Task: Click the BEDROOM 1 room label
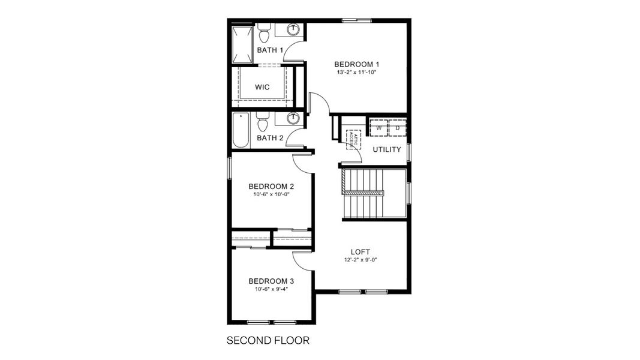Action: [357, 64]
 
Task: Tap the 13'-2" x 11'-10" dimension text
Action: [357, 73]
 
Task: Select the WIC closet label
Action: [262, 87]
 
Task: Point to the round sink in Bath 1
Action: [294, 29]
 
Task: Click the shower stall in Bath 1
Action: [243, 44]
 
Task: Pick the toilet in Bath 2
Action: [263, 122]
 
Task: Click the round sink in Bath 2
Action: [293, 118]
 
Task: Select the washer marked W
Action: [378, 128]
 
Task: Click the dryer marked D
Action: [397, 128]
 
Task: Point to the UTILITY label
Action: [387, 149]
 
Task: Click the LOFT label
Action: [360, 252]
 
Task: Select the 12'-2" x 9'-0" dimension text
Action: [360, 260]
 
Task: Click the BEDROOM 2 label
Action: [272, 186]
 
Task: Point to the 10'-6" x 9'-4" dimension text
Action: [272, 289]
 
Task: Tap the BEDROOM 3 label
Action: [272, 281]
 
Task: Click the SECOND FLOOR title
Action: [268, 341]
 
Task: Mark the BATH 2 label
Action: [270, 138]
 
